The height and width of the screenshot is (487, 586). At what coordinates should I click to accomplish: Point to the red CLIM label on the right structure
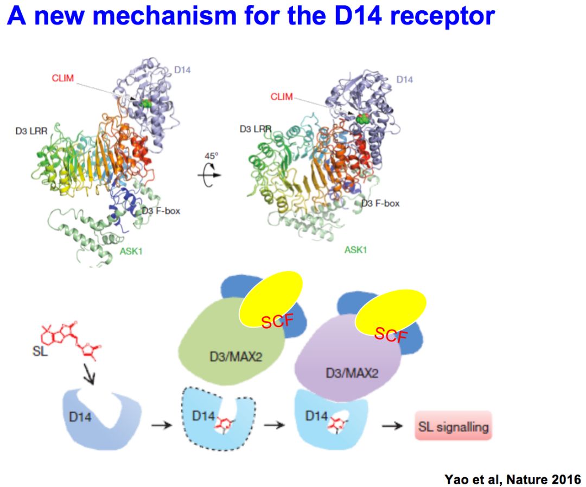point(281,97)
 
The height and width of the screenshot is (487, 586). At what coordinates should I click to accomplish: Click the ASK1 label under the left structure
point(132,252)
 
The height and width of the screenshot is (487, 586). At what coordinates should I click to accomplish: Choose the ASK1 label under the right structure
point(355,250)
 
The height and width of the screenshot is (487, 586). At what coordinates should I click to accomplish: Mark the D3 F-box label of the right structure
point(380,203)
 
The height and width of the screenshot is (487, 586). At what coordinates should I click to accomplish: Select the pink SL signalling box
point(453,426)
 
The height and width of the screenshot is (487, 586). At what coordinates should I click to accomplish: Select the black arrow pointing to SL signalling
point(392,426)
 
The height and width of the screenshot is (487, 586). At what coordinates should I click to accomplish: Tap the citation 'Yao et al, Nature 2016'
point(512,479)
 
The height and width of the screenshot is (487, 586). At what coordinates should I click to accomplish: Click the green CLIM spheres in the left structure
point(145,102)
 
